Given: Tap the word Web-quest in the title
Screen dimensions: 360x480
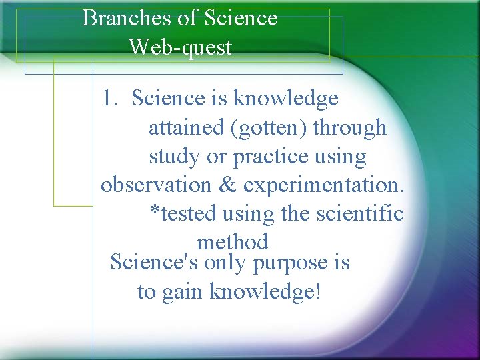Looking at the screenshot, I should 180,47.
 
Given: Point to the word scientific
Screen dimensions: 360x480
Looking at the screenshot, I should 361,213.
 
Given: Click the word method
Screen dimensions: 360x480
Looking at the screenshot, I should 232,241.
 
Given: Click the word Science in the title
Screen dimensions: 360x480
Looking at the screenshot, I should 241,18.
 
